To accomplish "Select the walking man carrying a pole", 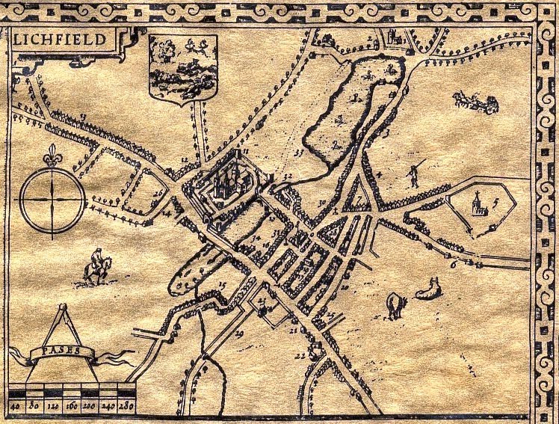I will [411, 175].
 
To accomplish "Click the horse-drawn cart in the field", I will [475, 101].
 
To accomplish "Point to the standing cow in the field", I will [395, 303].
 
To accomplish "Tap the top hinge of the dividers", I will [61, 306].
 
